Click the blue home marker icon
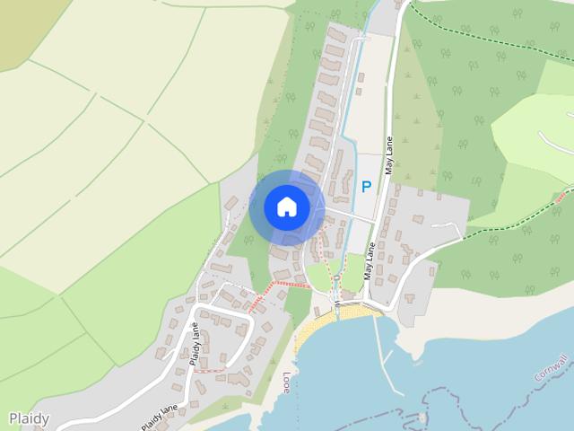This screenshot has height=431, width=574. point(287,207)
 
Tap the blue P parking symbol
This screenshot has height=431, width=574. point(365,187)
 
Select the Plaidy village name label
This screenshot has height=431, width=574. point(29,418)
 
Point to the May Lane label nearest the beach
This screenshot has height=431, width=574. point(370,261)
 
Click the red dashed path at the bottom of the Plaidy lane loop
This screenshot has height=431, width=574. point(209,370)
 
